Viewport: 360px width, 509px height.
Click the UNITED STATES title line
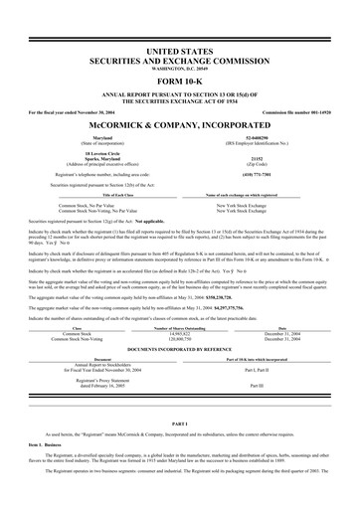click(x=180, y=49)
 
